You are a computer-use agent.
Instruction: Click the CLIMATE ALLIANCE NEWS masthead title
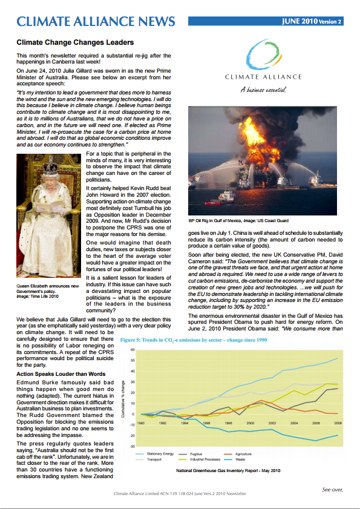[96, 22]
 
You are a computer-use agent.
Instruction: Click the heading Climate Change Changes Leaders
[75, 43]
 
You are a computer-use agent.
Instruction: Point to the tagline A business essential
[263, 91]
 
